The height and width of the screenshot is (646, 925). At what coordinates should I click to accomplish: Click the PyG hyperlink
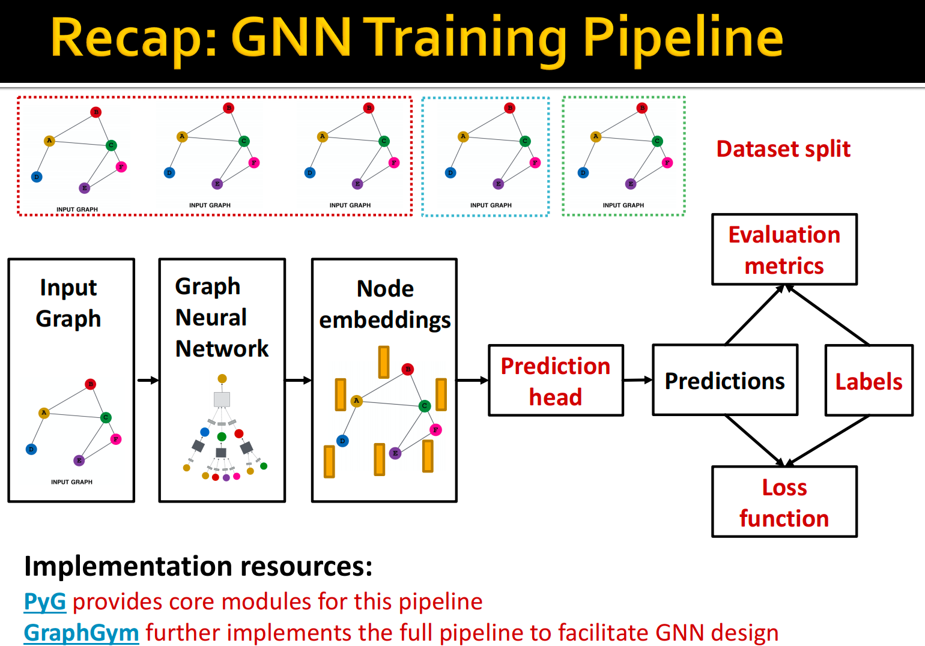[44, 602]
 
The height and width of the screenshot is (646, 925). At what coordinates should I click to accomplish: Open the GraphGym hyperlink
[81, 633]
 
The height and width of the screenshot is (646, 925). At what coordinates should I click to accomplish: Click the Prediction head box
[556, 381]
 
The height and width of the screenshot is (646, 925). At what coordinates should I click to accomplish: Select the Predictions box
[725, 381]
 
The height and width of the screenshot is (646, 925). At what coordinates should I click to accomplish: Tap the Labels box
[869, 381]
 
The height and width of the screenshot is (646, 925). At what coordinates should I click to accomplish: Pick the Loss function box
[784, 502]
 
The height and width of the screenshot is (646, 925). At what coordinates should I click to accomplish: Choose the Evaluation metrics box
[784, 250]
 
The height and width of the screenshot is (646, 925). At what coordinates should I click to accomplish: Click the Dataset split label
[783, 149]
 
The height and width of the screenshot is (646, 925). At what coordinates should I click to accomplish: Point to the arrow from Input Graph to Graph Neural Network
[147, 380]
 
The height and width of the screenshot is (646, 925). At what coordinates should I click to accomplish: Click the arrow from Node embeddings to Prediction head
[473, 380]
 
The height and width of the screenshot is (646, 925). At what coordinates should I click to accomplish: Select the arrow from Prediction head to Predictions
[638, 379]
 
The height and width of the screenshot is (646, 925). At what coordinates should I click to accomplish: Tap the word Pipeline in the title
[683, 38]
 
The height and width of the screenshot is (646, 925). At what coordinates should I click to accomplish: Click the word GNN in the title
[291, 38]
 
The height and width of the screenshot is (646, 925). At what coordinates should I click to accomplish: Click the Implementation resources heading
[198, 566]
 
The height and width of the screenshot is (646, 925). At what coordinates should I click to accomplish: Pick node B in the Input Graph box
[90, 384]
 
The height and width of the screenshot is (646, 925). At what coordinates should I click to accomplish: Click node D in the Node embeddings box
[342, 441]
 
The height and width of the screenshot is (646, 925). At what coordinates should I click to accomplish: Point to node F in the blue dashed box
[535, 163]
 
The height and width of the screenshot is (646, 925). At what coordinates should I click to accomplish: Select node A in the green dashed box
[595, 136]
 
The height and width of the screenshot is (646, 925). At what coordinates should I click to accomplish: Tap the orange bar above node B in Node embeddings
[384, 362]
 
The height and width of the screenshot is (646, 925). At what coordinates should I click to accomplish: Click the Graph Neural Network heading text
[221, 317]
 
